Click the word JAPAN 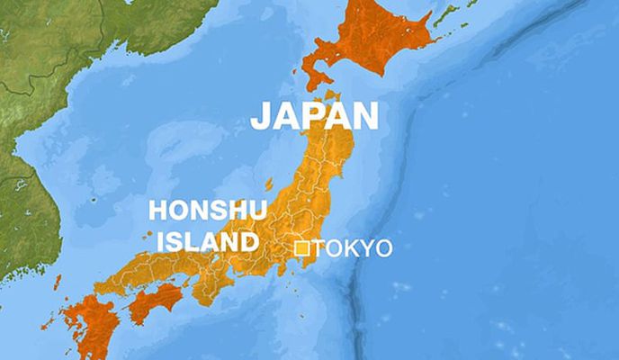point(313,117)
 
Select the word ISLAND point(201,241)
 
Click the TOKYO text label point(352,248)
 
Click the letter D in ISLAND point(244,241)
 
